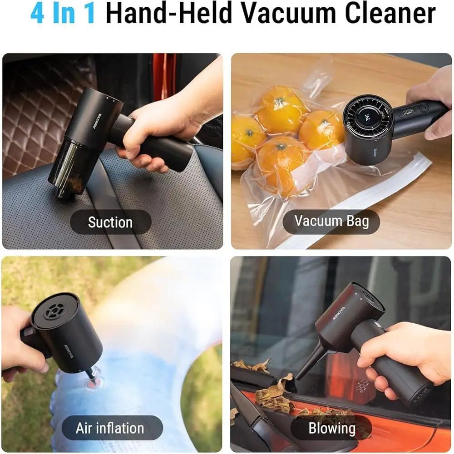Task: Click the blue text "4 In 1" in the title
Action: click(63, 14)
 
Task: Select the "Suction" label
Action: click(110, 222)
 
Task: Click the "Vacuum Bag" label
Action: click(331, 221)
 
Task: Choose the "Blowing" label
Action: click(332, 428)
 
